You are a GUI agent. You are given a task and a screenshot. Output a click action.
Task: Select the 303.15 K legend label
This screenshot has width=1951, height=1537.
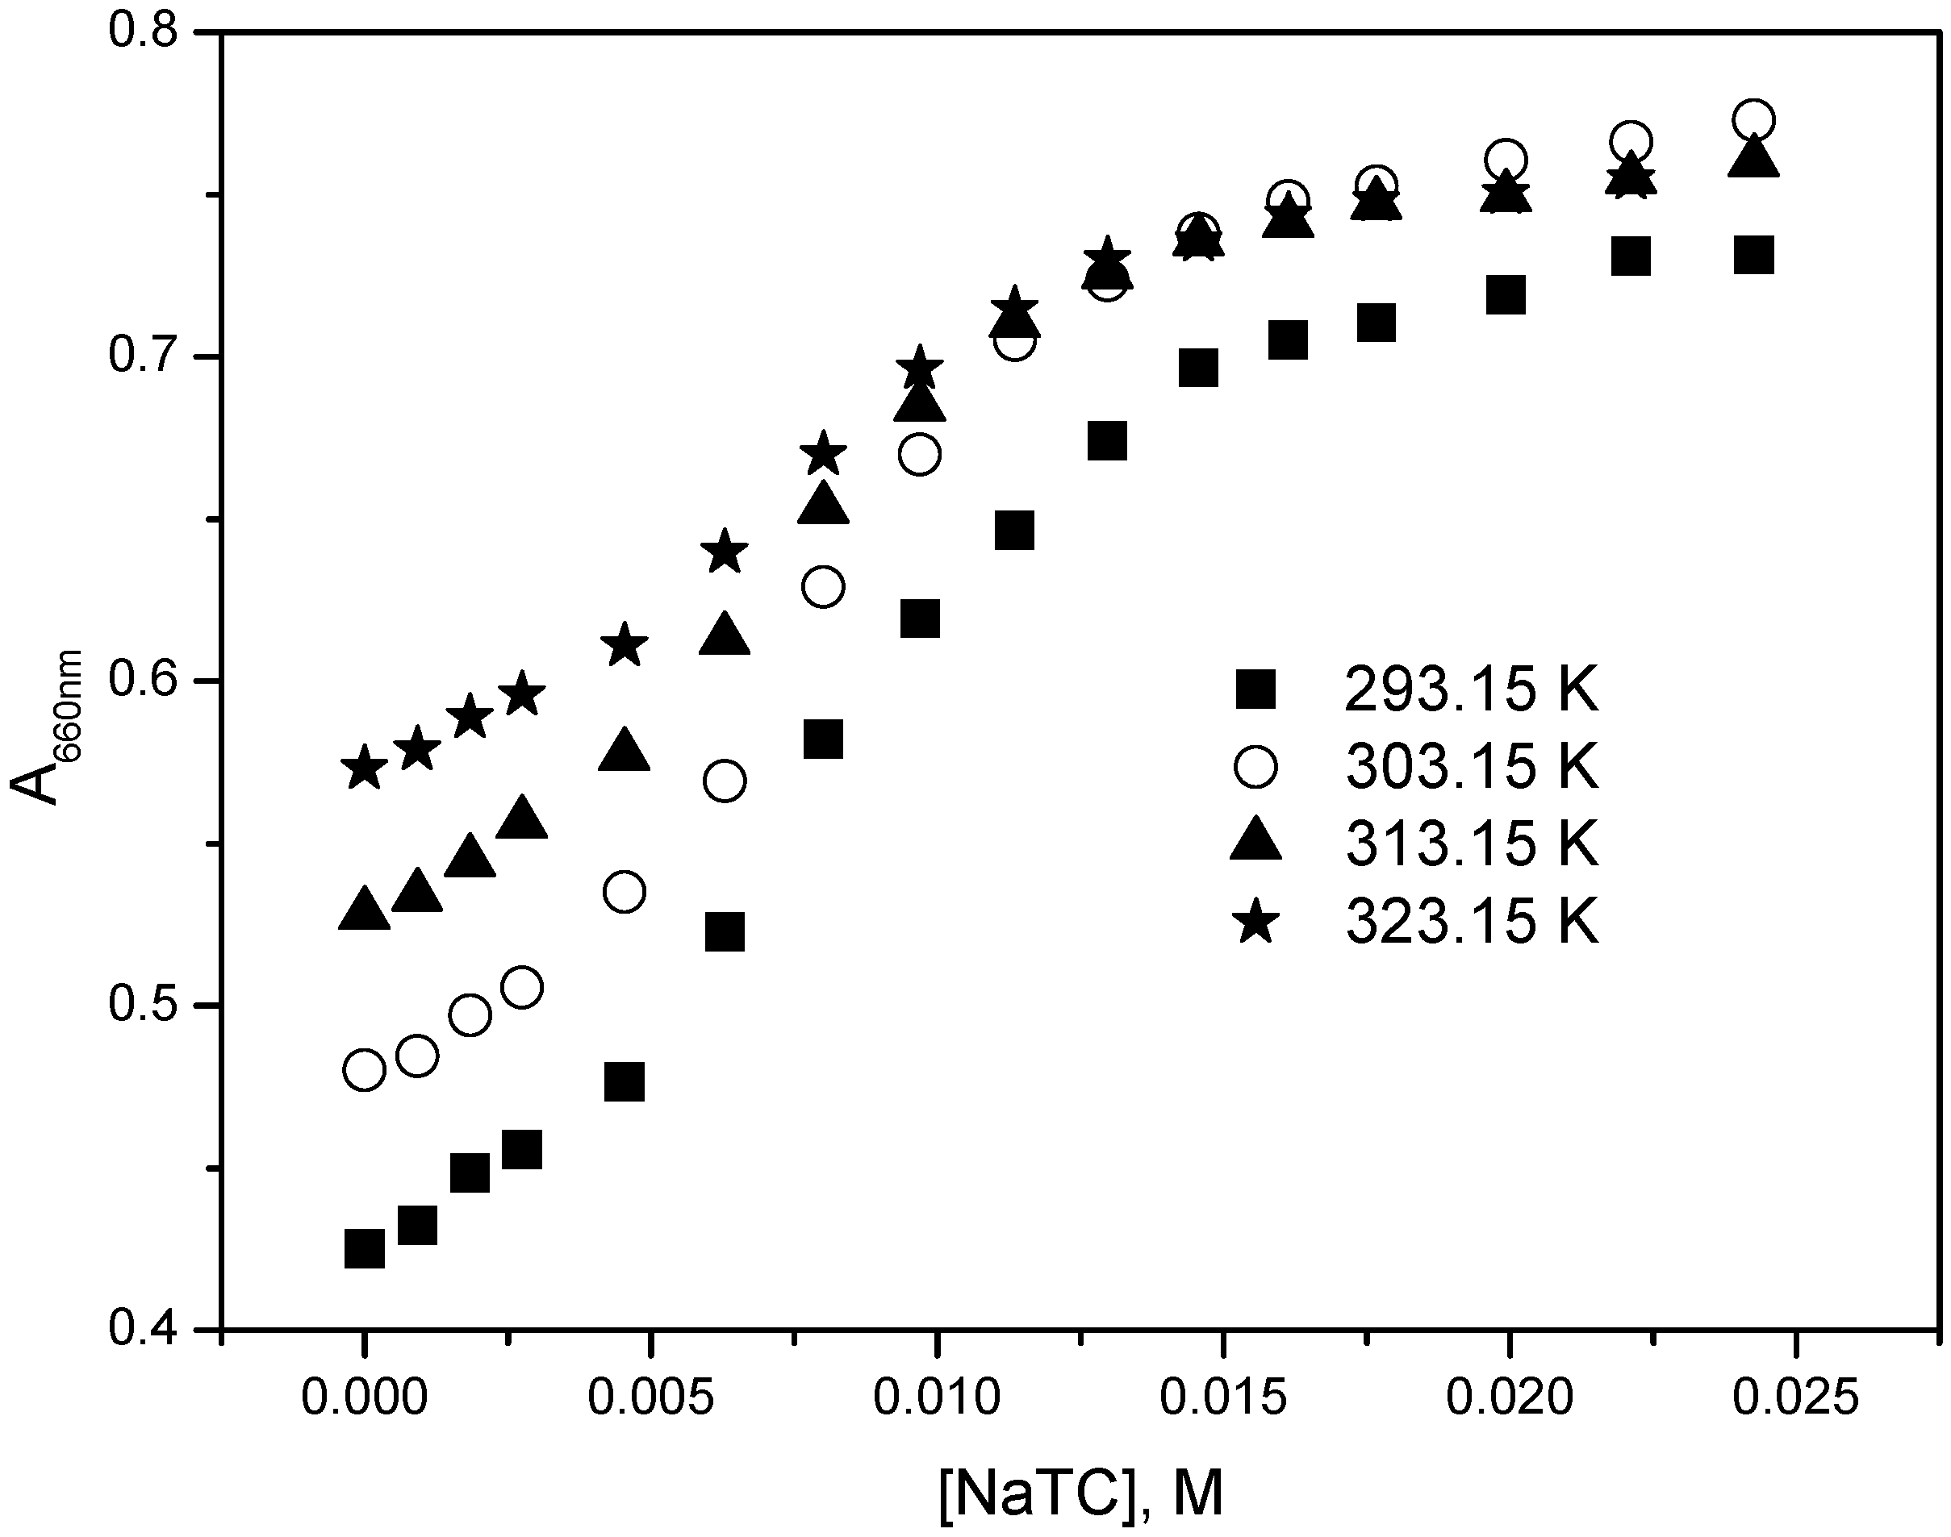(1471, 768)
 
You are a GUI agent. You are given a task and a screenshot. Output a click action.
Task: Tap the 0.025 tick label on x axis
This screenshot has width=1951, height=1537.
(1796, 1399)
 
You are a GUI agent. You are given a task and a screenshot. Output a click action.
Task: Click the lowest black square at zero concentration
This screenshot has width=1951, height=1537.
(364, 1249)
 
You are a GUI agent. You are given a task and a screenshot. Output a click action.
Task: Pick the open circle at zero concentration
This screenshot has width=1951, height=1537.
(364, 1070)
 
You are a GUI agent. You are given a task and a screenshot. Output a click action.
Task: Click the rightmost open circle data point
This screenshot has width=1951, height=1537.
(1752, 119)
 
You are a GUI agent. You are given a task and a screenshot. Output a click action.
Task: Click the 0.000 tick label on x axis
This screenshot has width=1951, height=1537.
(364, 1399)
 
